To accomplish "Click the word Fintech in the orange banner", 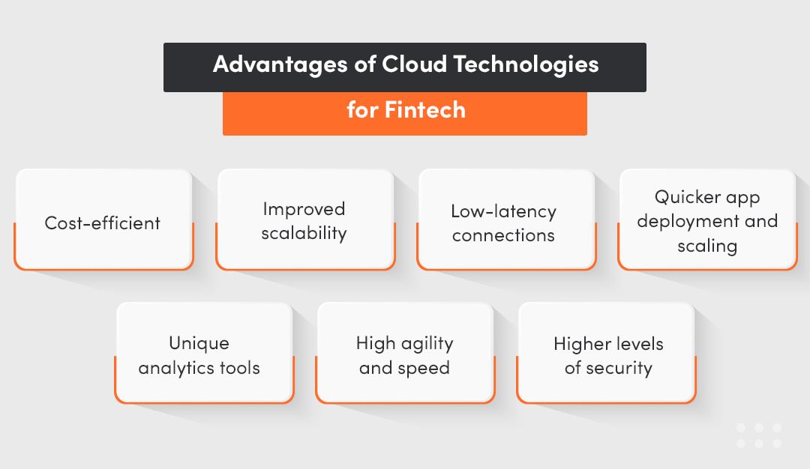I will pos(425,110).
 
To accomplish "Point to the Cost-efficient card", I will pos(103,223).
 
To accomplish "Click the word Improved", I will pos(304,209).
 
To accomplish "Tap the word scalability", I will pos(304,233).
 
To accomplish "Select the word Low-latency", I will pos(504,211).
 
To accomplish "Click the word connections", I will pos(504,235).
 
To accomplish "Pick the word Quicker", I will pos(685,198).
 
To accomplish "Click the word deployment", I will pos(684,222).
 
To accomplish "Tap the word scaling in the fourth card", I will pos(707,246).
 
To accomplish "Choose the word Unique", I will pos(199,343).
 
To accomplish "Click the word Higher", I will pos(580,344).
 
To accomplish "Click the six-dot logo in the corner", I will pos(759,435).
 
